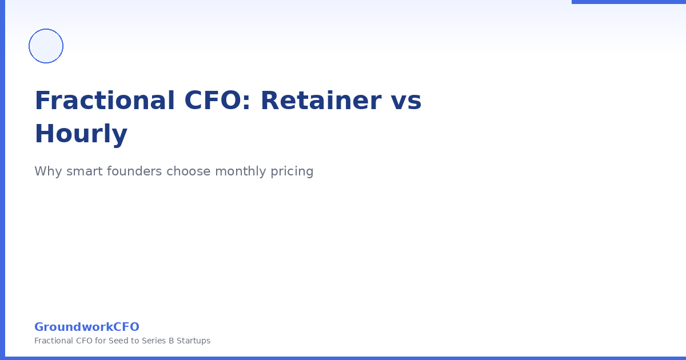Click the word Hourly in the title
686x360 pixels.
(81, 134)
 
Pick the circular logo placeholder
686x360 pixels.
(46, 46)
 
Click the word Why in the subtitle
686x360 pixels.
(46, 171)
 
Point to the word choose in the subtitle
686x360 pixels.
(188, 171)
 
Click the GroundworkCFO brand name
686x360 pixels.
(87, 327)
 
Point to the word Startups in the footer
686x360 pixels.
(193, 341)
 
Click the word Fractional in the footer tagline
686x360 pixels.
(53, 341)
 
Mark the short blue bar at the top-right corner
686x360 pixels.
(629, 2)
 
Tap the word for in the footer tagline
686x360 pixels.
(101, 341)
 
